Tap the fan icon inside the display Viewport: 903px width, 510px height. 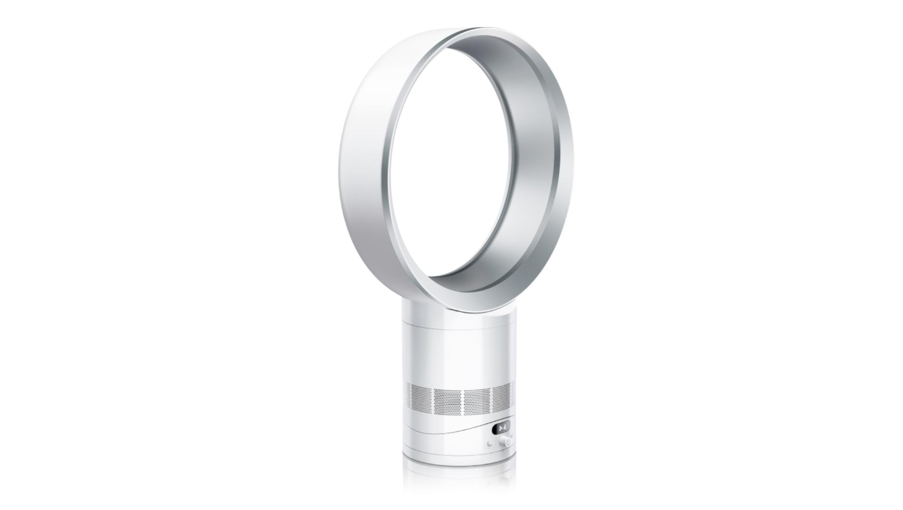pyautogui.click(x=500, y=428)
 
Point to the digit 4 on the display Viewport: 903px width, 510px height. pyautogui.click(x=505, y=427)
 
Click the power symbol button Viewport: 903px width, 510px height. pyautogui.click(x=508, y=442)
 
